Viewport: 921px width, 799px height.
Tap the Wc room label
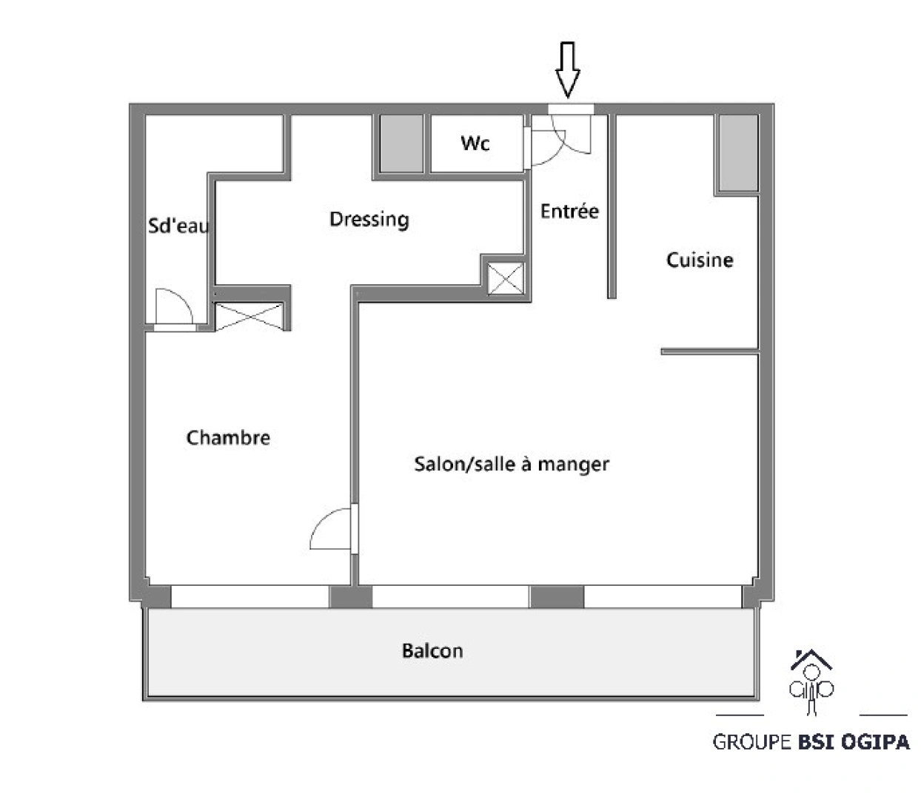475,143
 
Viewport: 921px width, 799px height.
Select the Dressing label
369,219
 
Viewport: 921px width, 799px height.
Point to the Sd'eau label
178,226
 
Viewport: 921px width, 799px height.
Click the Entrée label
569,212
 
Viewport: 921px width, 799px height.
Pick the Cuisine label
700,260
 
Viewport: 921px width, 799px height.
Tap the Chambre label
228,437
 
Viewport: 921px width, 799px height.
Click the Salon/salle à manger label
512,464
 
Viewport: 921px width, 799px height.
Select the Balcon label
432,651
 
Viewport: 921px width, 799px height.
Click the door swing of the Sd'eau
173,306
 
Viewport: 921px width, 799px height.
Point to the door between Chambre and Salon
333,529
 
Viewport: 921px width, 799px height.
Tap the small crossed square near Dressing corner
505,280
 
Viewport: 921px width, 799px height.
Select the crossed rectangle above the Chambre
249,316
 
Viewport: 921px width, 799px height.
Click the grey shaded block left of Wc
402,144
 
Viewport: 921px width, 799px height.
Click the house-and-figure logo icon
811,681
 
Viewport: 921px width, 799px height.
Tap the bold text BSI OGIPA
854,742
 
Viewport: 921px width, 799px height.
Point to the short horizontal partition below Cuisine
709,351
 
